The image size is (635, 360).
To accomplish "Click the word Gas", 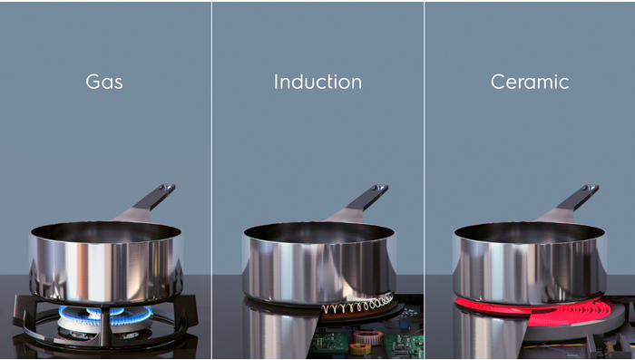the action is click(104, 82).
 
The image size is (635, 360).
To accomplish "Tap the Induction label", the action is click(317, 82).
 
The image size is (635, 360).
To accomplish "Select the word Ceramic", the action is click(530, 82).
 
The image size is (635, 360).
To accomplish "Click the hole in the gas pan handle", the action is click(166, 188).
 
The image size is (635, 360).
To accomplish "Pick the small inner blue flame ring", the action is click(104, 311).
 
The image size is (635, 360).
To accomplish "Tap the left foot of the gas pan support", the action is click(20, 311).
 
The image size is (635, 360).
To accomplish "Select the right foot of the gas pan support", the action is click(190, 310).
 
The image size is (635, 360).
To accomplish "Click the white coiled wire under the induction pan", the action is click(357, 304).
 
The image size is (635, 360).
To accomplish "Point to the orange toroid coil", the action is click(368, 337).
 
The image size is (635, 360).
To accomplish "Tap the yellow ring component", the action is click(359, 348).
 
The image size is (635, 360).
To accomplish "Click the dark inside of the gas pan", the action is click(106, 231).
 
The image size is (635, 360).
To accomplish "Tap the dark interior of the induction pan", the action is click(318, 232).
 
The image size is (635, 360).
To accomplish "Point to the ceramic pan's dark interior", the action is click(529, 232).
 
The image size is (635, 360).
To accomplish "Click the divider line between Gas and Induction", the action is click(211, 180).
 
